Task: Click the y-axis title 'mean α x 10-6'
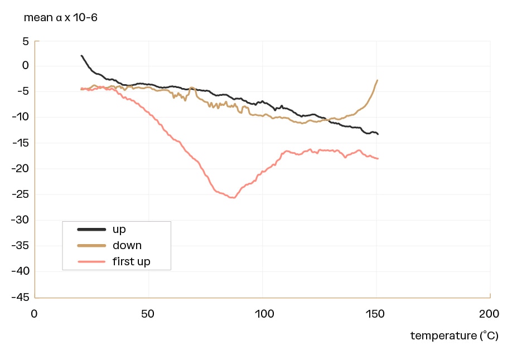(x=61, y=17)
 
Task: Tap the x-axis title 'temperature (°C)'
(x=454, y=335)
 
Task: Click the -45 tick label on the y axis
(x=20, y=297)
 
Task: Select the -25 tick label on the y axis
(x=20, y=194)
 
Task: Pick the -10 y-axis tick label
(x=20, y=118)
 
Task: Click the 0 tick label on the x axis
(x=35, y=314)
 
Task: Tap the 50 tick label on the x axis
(x=148, y=314)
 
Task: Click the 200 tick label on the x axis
(x=489, y=314)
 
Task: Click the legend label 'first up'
(x=131, y=261)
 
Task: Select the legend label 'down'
(x=127, y=245)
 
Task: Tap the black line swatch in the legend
(x=91, y=229)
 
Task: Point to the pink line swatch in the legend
(x=91, y=261)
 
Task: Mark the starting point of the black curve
(x=81, y=56)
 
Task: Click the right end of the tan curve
(x=378, y=80)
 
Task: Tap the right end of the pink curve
(x=378, y=159)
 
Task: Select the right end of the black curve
(x=378, y=134)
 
